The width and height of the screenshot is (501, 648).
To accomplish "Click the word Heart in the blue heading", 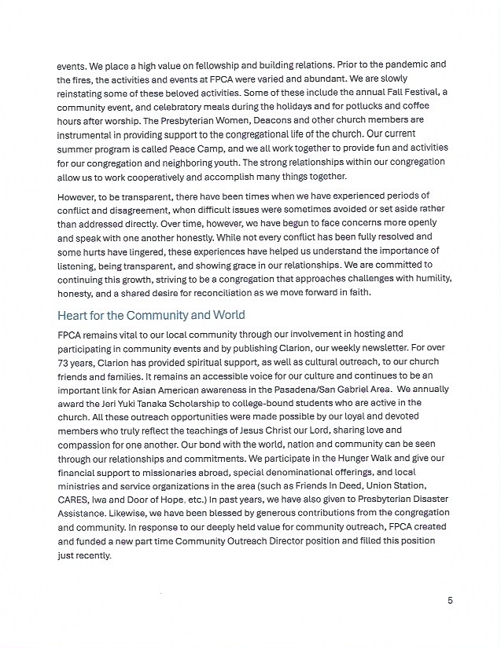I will coord(72,315).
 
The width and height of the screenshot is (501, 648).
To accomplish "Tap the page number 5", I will coord(450,601).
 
